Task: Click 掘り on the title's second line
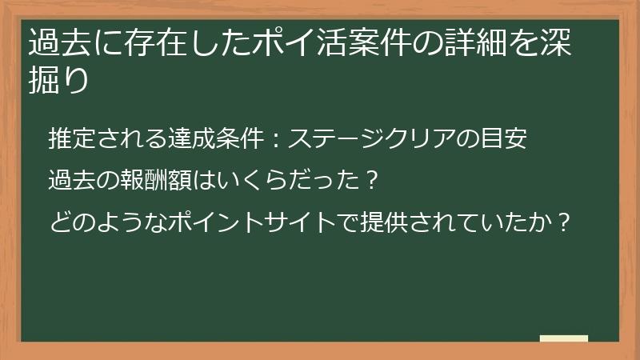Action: [x=58, y=80]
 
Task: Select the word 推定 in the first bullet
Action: [x=68, y=139]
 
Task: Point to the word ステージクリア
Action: [x=368, y=139]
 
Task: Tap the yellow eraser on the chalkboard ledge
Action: [x=563, y=338]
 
